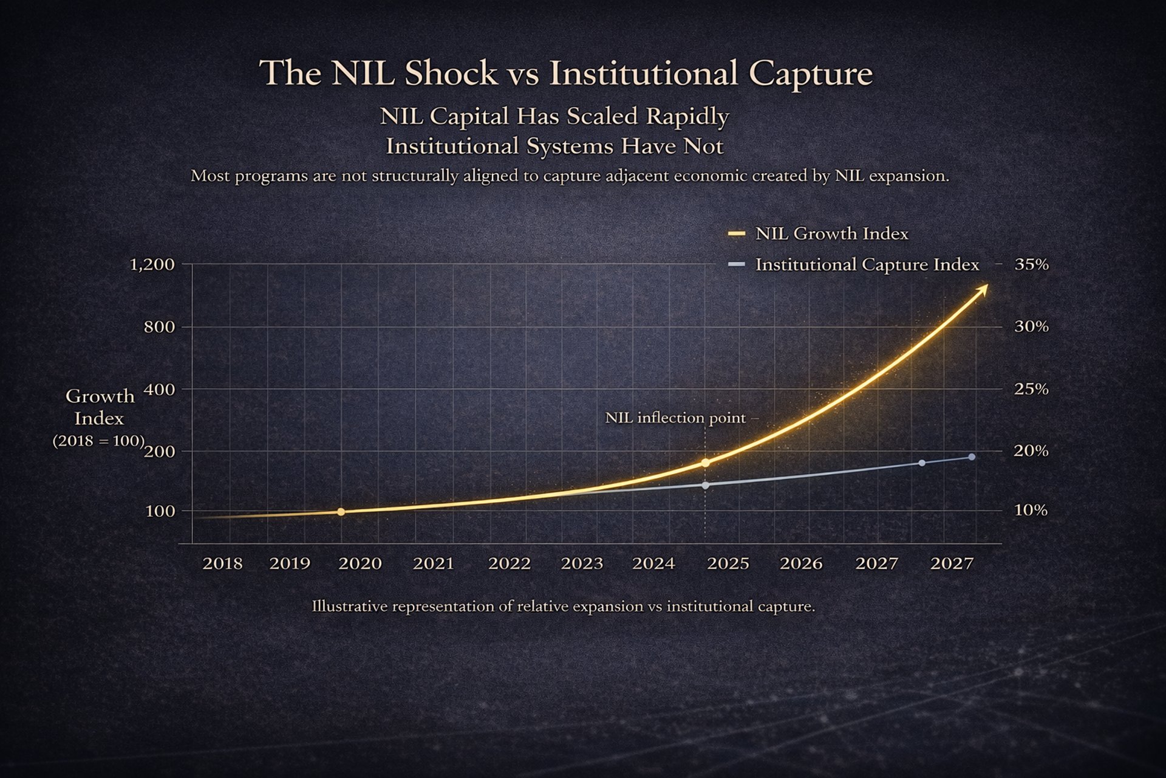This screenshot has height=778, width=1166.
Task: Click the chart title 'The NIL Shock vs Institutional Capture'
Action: click(x=565, y=73)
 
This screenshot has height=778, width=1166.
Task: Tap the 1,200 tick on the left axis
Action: click(x=152, y=264)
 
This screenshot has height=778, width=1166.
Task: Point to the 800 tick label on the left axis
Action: click(x=159, y=327)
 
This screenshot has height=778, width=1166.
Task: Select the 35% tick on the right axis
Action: click(x=1031, y=264)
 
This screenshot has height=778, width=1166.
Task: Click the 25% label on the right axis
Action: click(x=1031, y=389)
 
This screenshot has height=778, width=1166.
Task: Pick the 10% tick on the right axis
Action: click(x=1031, y=510)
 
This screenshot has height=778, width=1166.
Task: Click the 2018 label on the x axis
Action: click(x=222, y=563)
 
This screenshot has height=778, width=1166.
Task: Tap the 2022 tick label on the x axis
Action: click(x=510, y=563)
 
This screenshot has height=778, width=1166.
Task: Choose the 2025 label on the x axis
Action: click(x=728, y=563)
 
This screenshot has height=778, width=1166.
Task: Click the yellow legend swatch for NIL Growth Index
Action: click(x=736, y=233)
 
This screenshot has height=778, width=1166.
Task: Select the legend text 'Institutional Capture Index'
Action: click(x=867, y=264)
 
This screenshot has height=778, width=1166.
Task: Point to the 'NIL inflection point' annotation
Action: click(x=675, y=418)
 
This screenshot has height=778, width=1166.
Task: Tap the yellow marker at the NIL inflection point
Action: click(x=705, y=463)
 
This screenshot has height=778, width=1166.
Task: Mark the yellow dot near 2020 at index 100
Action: click(x=341, y=512)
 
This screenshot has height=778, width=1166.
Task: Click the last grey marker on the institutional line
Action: click(x=972, y=457)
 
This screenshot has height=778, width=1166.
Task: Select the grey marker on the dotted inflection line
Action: click(x=705, y=485)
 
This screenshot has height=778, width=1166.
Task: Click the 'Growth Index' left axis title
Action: click(x=100, y=407)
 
